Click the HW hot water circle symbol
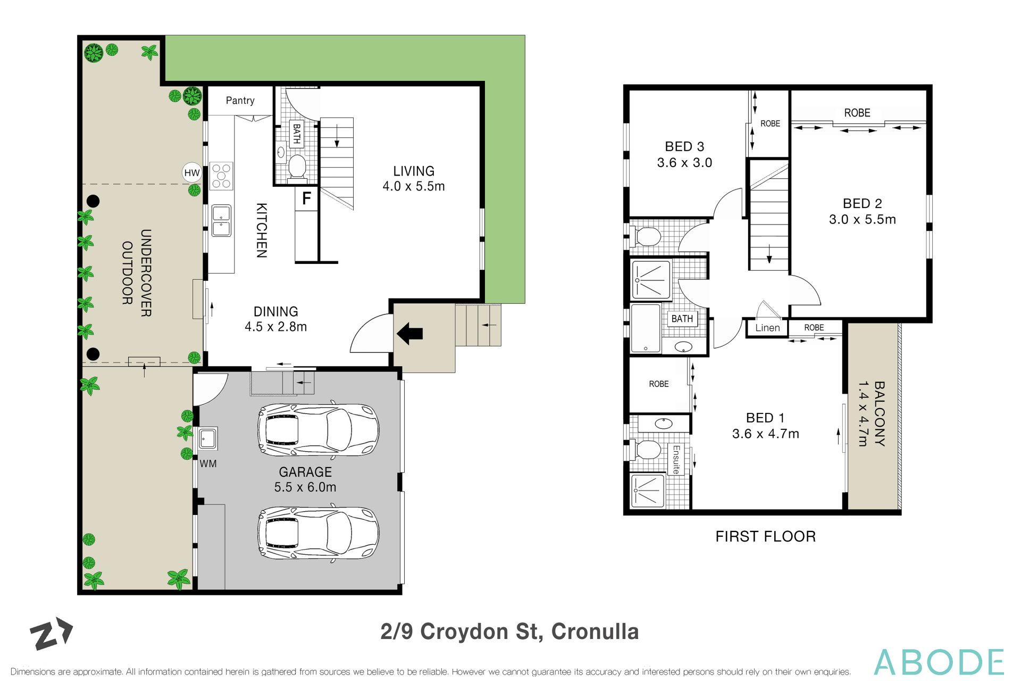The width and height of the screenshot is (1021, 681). [x=191, y=172]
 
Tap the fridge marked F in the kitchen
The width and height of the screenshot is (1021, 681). [x=306, y=199]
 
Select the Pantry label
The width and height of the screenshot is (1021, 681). [x=240, y=101]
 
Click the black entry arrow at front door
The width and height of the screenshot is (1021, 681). [x=409, y=334]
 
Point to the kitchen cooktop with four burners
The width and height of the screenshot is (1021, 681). [x=221, y=176]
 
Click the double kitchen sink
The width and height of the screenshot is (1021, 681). [x=221, y=221]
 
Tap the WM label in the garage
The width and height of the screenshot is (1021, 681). [x=208, y=464]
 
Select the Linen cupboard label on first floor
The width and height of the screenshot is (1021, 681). [x=767, y=328]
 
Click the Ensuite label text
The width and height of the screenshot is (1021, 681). [x=676, y=460]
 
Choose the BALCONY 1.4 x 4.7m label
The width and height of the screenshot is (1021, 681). [x=872, y=413]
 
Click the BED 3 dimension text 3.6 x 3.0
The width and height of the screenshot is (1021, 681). [x=684, y=163]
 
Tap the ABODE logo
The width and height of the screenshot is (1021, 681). [x=939, y=662]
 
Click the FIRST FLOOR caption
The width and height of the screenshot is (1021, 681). [x=765, y=536]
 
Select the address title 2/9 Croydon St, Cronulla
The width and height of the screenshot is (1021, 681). [x=509, y=632]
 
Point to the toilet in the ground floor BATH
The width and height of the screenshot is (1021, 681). [x=297, y=167]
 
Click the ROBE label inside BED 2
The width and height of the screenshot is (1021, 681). [x=857, y=113]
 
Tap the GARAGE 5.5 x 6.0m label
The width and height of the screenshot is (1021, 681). [x=305, y=479]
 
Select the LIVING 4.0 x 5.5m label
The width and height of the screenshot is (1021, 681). [x=414, y=179]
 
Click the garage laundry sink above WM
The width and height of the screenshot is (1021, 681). [x=207, y=439]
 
